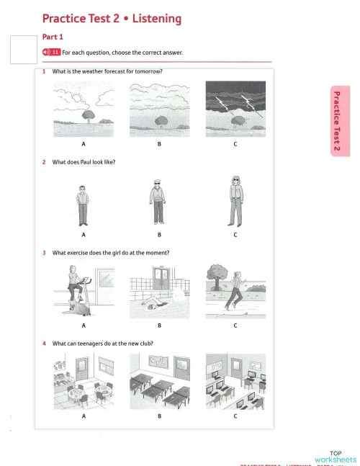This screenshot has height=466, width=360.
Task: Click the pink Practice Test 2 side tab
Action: click(x=338, y=120)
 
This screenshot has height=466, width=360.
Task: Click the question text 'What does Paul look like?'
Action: click(x=84, y=162)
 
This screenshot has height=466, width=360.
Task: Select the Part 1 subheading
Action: click(x=53, y=36)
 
